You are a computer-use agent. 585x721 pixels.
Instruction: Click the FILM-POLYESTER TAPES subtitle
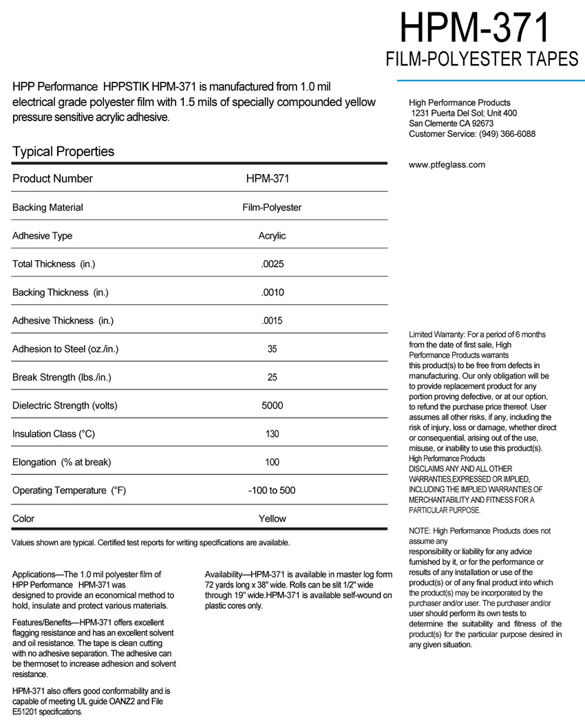[482, 61]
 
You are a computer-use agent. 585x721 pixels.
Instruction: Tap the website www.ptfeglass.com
[447, 164]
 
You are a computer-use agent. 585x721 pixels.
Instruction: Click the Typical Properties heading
[63, 151]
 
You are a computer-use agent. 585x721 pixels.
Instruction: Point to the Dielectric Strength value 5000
[272, 406]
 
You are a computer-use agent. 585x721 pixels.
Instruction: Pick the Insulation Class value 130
[272, 434]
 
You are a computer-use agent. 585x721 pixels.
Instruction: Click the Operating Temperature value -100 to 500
[272, 491]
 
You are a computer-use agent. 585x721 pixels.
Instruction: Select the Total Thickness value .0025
[272, 264]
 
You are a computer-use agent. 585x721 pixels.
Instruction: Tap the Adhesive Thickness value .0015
[272, 321]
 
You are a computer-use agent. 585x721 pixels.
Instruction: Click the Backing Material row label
[47, 207]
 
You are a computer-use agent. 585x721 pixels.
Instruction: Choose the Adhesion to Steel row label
[65, 349]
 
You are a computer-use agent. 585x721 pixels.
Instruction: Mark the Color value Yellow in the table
[272, 519]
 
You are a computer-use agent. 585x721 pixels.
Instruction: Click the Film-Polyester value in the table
[272, 207]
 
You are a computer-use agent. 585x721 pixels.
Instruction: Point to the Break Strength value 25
[272, 377]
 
